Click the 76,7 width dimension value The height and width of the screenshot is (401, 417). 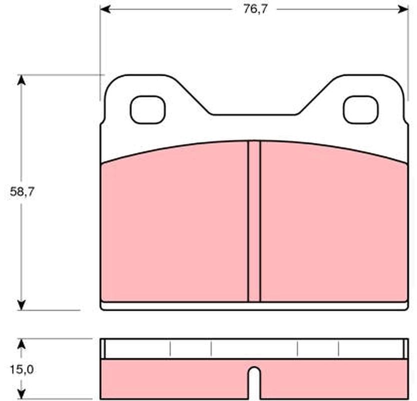point(255,10)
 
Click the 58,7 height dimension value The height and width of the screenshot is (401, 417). point(22,191)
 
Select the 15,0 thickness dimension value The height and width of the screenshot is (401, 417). point(22,369)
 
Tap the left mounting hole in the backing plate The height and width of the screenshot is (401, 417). point(148,110)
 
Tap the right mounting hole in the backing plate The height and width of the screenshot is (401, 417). point(360,110)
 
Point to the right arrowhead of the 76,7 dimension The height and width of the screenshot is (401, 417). point(403,10)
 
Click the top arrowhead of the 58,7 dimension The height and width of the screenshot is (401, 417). point(21,80)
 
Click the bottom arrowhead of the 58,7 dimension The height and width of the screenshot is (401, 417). point(21,305)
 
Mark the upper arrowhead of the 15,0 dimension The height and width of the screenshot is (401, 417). point(21,344)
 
